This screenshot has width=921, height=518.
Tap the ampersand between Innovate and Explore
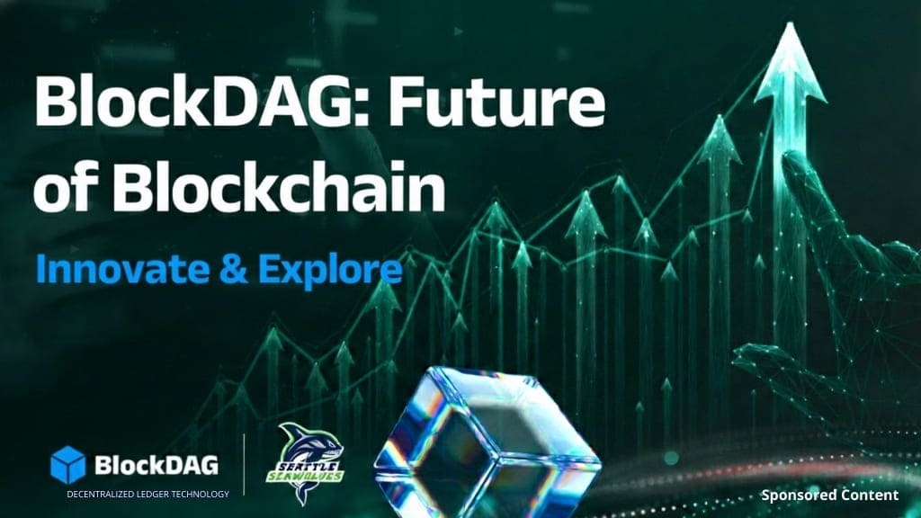point(227,266)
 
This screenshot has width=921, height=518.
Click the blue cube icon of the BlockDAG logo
point(68,464)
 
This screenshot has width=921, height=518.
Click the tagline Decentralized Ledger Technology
point(148,493)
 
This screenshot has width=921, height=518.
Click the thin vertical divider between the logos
point(245,465)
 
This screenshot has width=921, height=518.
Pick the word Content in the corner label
point(868,495)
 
